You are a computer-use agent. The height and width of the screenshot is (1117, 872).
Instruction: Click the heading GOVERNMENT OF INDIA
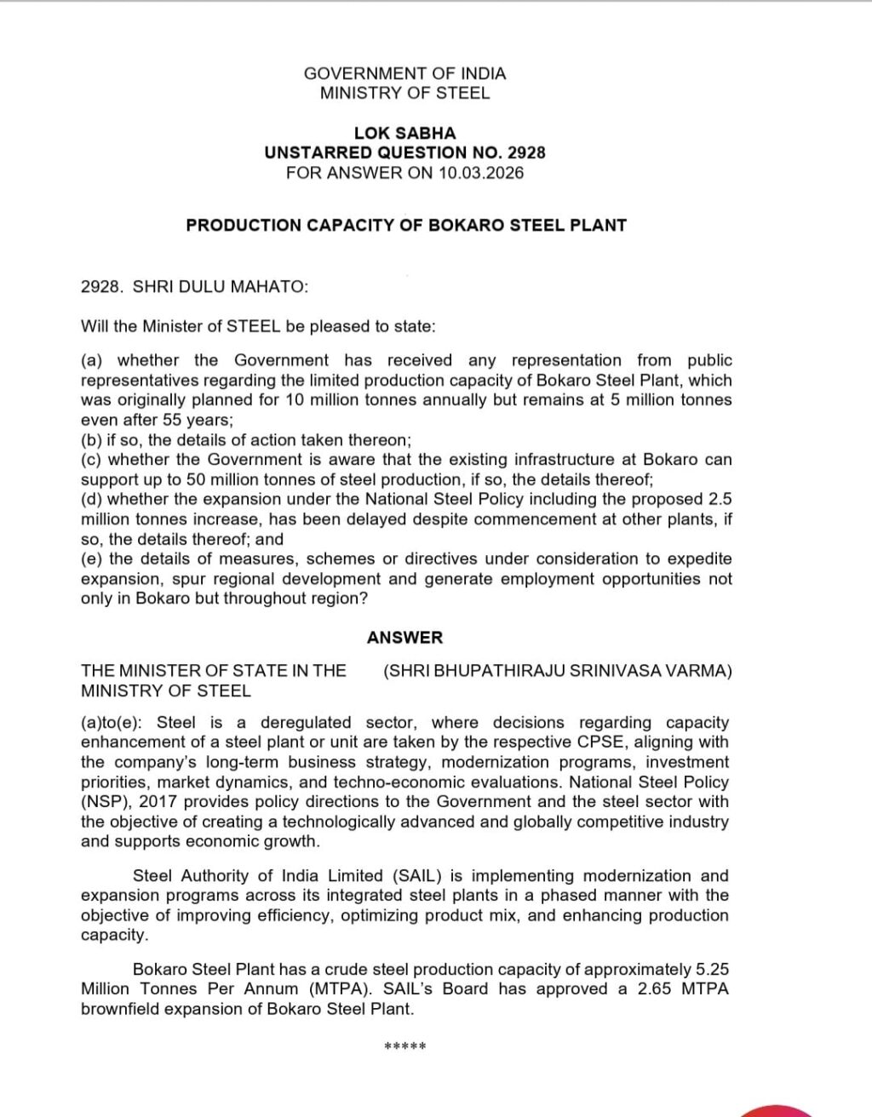click(404, 73)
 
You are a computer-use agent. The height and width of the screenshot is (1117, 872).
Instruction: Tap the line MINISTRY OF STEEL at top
click(404, 93)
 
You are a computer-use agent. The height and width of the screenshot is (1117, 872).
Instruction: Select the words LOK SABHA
click(404, 133)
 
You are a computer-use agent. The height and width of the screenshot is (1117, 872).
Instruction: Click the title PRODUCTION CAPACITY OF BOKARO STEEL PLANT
click(406, 226)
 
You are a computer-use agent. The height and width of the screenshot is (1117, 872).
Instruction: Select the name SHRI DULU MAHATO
click(220, 287)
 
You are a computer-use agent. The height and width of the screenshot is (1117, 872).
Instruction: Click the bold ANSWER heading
click(405, 638)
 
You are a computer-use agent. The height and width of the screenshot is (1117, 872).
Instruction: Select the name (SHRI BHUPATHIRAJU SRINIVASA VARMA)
click(558, 671)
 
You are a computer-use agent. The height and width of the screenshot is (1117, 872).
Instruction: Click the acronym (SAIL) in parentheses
click(418, 876)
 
